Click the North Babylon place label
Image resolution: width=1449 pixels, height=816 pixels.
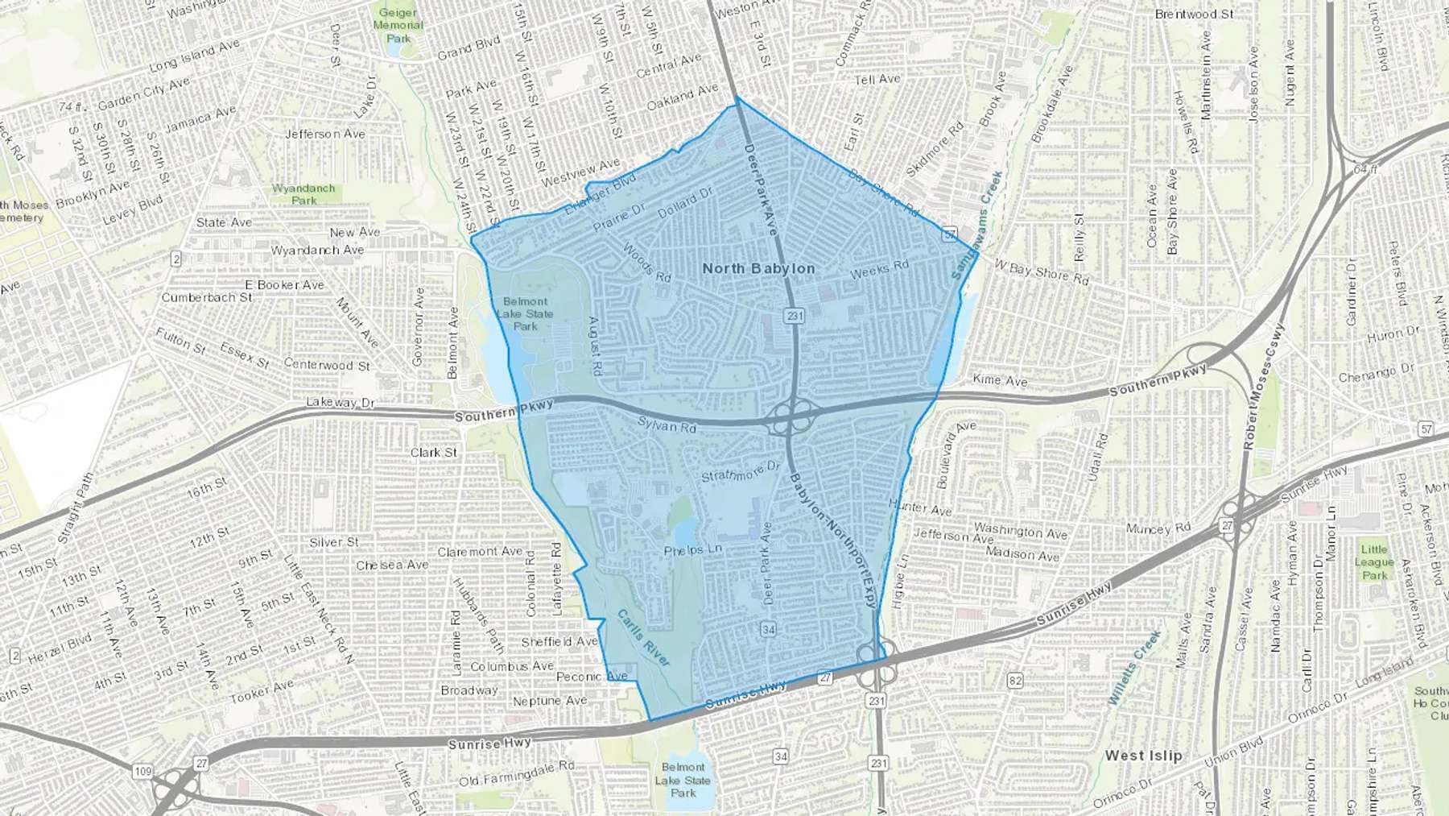[x=758, y=268]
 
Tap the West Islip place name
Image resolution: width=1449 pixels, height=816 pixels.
[x=1143, y=756]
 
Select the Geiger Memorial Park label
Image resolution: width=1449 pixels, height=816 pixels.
[x=398, y=25]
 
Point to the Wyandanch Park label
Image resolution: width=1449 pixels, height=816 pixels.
[x=303, y=194]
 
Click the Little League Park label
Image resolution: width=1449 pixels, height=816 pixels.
[x=1374, y=561]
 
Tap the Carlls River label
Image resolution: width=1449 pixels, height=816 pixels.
[x=643, y=638]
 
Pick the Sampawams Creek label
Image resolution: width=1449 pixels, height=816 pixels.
[x=976, y=226]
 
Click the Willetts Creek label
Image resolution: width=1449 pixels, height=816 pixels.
[x=1134, y=668]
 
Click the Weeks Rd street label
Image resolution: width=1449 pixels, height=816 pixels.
[x=879, y=269]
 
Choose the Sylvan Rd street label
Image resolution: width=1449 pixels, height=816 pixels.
[x=667, y=425]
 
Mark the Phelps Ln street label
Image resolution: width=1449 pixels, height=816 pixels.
[x=692, y=550]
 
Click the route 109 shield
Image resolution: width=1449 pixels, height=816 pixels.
[x=142, y=772]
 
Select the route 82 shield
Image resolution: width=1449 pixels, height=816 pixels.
[x=1015, y=681]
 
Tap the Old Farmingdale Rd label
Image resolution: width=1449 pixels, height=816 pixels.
[x=516, y=774]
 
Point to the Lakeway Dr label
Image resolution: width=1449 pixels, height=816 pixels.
[x=341, y=402]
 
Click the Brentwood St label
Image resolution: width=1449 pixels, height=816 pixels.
[x=1194, y=14]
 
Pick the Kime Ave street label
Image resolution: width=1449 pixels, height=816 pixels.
[x=1000, y=380]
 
